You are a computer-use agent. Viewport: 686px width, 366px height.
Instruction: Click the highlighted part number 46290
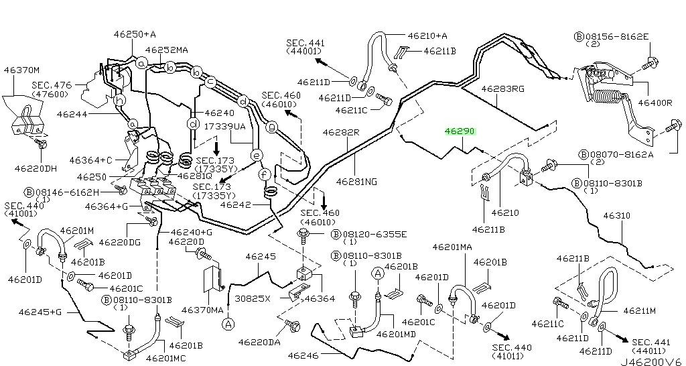click(x=460, y=131)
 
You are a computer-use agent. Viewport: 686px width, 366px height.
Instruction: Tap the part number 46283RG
click(x=502, y=89)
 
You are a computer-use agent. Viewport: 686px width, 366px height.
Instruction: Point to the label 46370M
click(x=21, y=69)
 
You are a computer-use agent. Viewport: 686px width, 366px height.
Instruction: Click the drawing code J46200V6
click(x=651, y=361)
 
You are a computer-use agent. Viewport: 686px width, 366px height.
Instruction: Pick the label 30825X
click(x=252, y=298)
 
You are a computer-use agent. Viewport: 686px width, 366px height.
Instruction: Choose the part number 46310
click(x=617, y=215)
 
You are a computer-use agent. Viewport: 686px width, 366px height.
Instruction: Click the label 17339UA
click(x=225, y=126)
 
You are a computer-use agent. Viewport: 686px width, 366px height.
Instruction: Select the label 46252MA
click(x=166, y=50)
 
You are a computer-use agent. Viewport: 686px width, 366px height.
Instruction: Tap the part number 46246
click(x=301, y=355)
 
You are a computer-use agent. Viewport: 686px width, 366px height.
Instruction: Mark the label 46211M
click(x=639, y=311)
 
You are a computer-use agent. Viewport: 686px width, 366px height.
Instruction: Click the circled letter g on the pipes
click(x=272, y=127)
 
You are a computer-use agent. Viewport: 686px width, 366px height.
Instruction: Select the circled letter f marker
click(x=264, y=174)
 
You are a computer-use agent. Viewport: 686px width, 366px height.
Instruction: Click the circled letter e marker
click(x=257, y=155)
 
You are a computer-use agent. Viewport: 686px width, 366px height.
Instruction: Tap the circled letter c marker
click(x=210, y=81)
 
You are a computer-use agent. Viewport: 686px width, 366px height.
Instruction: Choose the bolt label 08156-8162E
click(x=617, y=37)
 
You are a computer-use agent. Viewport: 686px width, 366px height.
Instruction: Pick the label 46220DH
click(x=36, y=168)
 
